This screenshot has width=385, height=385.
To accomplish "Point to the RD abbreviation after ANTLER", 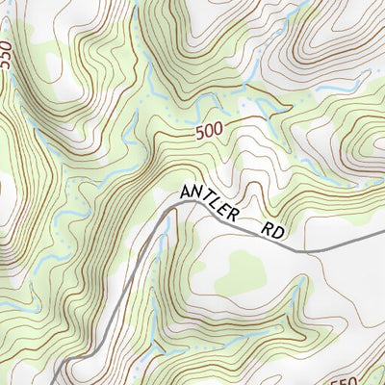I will click(x=274, y=232).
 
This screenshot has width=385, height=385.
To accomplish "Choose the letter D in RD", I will click(x=280, y=234).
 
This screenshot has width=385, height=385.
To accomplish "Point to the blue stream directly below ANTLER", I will click(x=171, y=229).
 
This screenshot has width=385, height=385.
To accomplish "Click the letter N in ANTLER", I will click(x=197, y=199).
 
